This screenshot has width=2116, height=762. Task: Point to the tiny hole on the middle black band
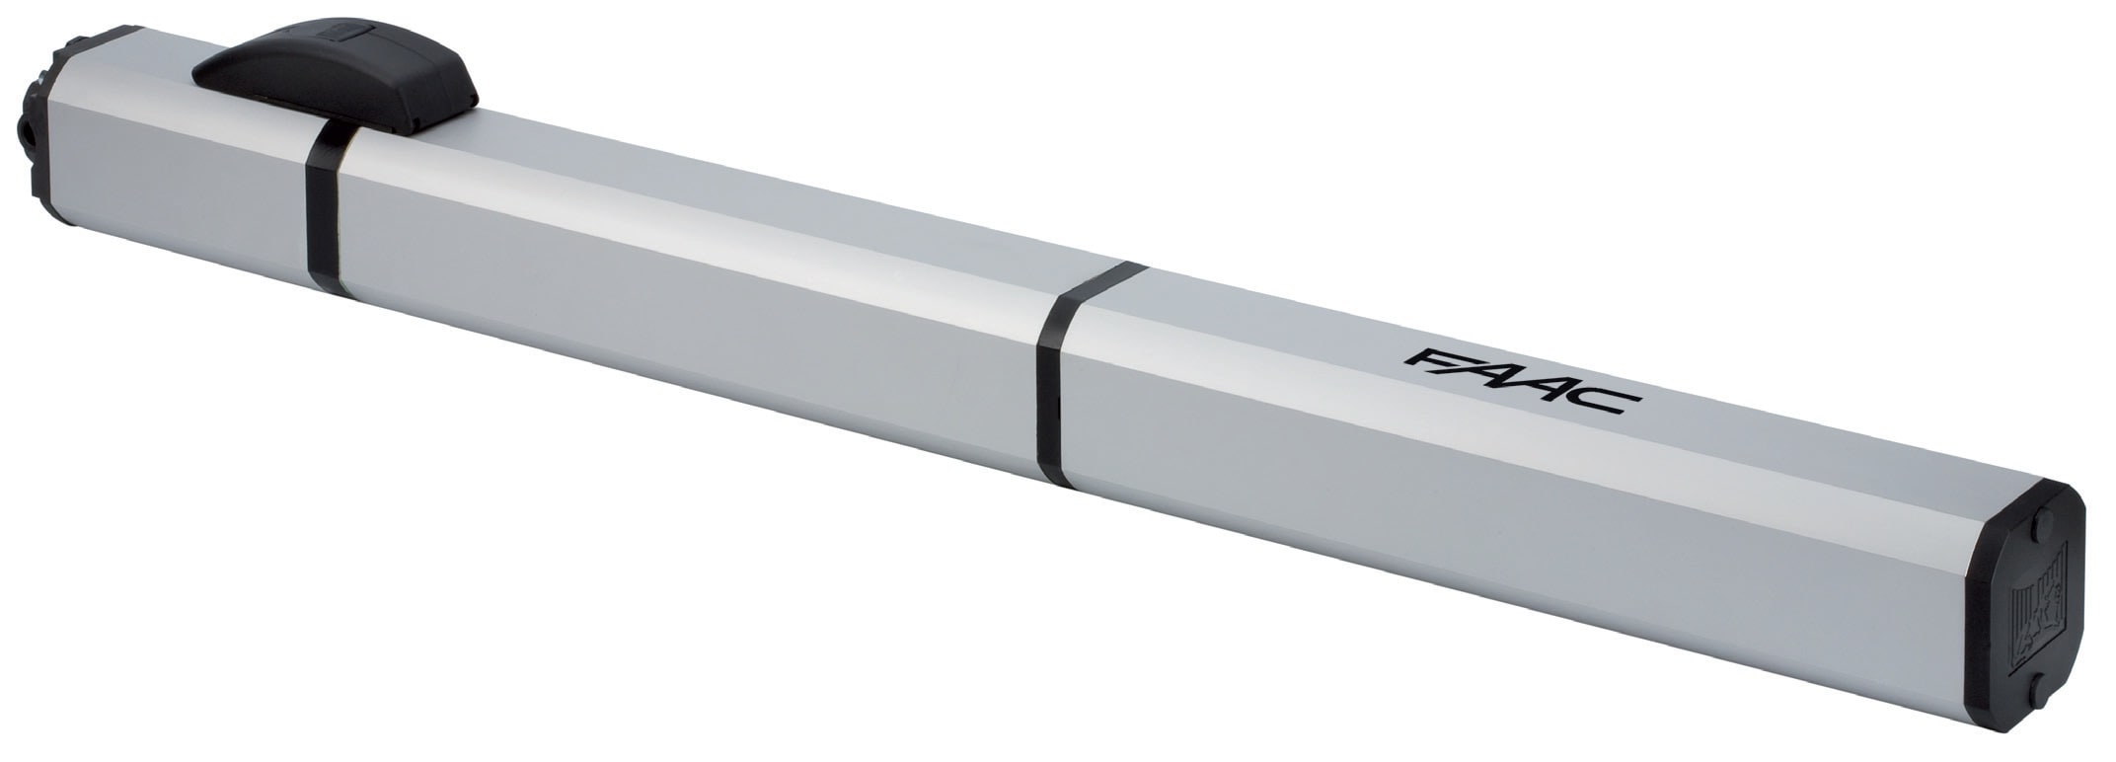tap(1059, 405)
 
